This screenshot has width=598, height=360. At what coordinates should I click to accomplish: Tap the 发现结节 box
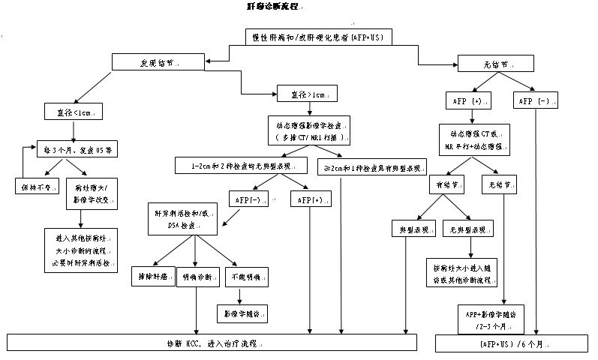tap(160, 63)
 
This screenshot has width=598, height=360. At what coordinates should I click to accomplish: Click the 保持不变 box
tap(35, 185)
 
